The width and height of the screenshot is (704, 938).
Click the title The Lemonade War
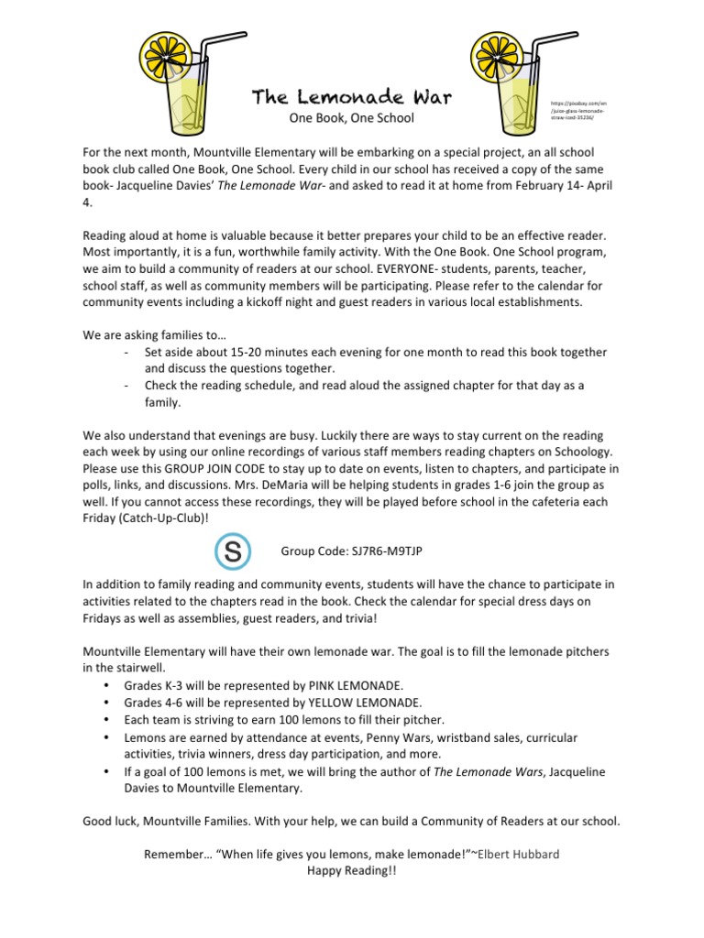(x=351, y=97)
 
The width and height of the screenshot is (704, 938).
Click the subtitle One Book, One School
(x=351, y=118)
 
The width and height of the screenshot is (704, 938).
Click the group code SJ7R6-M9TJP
(x=351, y=552)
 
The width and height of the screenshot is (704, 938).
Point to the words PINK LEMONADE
(x=352, y=685)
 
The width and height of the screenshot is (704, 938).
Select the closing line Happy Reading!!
(x=351, y=871)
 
